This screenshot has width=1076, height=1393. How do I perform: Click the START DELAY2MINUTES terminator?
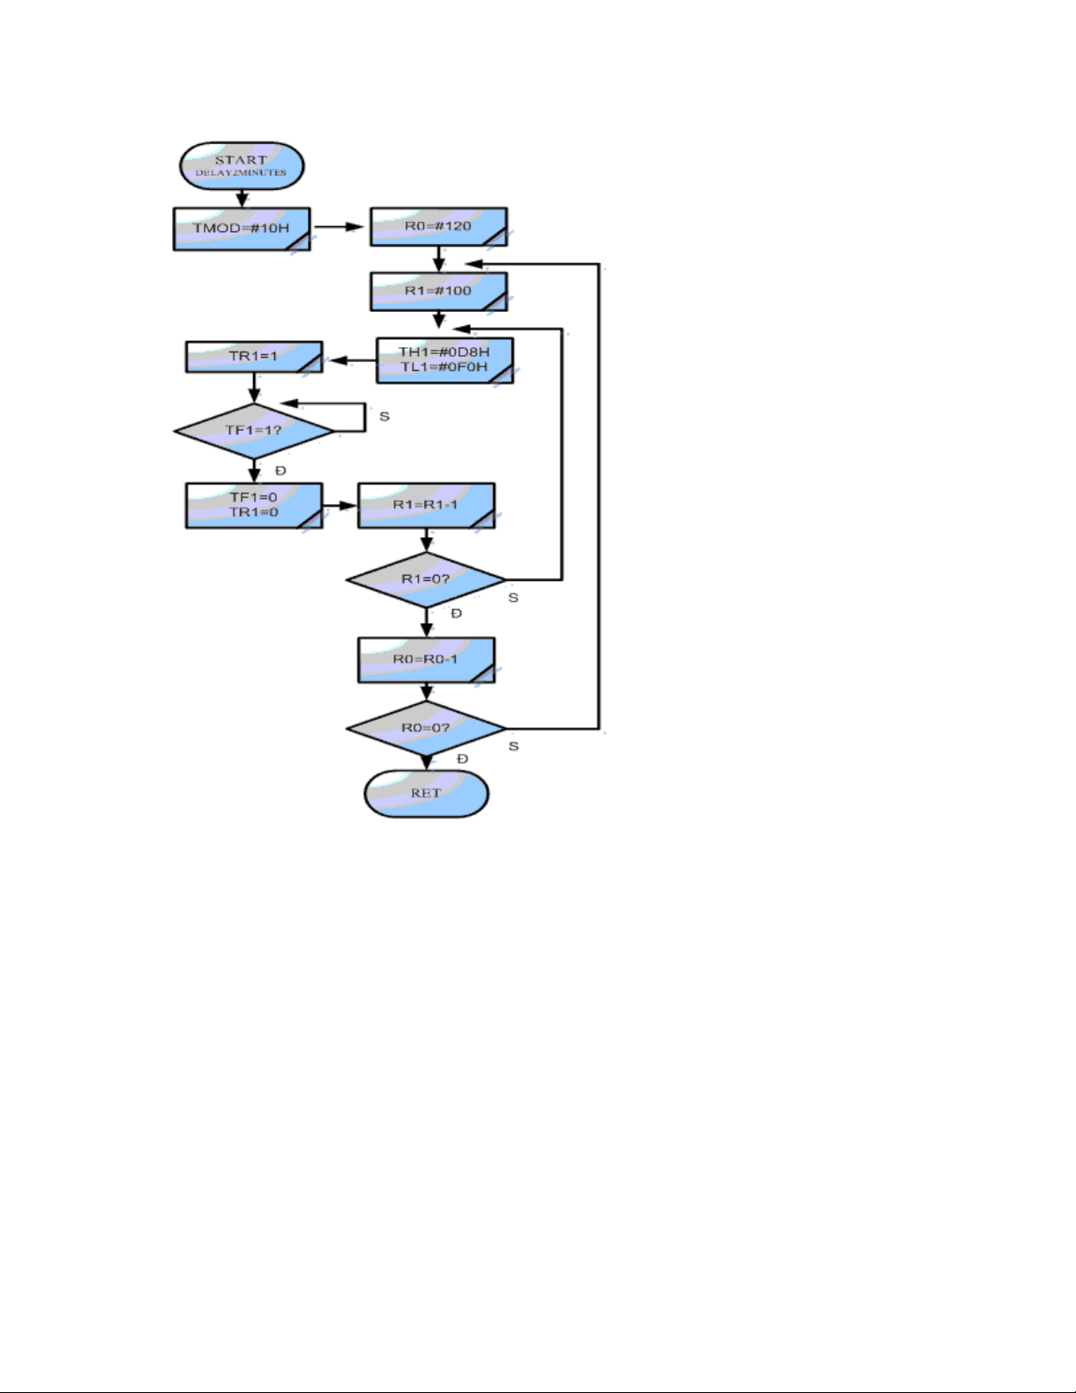[x=242, y=166]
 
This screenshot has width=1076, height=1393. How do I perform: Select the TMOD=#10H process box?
[x=242, y=229]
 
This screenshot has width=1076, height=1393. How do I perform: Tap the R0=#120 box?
[x=438, y=226]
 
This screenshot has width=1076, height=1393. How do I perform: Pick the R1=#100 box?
[x=438, y=292]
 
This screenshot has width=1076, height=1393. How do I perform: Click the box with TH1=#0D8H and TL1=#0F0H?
[x=444, y=360]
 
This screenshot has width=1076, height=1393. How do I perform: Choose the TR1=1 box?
[x=254, y=357]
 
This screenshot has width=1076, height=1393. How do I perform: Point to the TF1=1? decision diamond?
[x=254, y=431]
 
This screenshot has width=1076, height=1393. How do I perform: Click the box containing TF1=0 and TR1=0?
[x=254, y=505]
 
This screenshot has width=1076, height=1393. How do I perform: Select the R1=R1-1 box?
[x=427, y=505]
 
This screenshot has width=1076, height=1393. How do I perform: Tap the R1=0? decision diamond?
[x=427, y=579]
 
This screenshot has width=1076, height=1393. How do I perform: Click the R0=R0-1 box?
[x=427, y=660]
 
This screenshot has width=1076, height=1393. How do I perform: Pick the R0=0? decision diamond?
[x=427, y=729]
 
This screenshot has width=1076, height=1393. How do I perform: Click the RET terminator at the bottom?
[x=427, y=794]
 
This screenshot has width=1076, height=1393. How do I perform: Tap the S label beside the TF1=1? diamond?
[x=385, y=417]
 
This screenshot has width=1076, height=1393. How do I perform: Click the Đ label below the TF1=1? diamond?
[x=280, y=470]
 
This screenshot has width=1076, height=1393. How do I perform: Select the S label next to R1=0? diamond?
[x=513, y=598]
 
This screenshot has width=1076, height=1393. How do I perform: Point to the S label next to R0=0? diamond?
[x=513, y=746]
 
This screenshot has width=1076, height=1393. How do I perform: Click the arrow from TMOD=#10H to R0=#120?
[x=339, y=227]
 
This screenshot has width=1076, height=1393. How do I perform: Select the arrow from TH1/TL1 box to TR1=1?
[x=352, y=360]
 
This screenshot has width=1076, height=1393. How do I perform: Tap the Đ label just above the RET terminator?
[x=462, y=758]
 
